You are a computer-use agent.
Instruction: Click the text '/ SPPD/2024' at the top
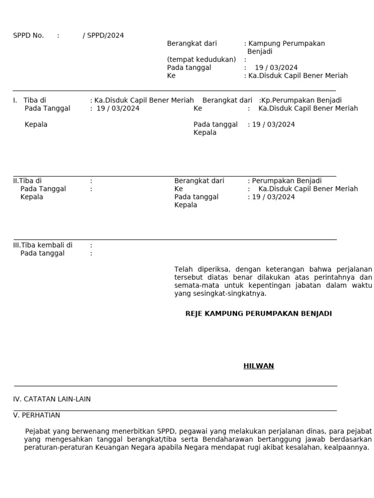point(103,36)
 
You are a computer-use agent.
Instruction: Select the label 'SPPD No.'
point(28,36)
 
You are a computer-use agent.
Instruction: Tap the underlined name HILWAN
point(259,366)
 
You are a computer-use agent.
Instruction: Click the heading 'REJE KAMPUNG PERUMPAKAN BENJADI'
point(259,314)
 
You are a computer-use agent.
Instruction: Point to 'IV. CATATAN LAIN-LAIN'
point(52,399)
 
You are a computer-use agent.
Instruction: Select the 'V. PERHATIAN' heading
point(37,415)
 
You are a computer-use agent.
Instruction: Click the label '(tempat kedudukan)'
point(201,60)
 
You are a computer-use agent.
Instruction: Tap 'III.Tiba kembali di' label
point(43,245)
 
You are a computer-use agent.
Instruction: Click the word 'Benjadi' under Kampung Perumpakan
point(260,52)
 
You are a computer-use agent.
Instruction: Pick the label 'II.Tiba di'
point(27,181)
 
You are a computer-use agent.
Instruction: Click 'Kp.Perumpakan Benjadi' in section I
point(301,101)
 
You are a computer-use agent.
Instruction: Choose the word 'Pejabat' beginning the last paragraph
point(37,431)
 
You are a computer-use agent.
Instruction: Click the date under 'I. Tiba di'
point(118,108)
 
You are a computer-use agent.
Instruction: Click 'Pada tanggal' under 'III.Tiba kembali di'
point(42,253)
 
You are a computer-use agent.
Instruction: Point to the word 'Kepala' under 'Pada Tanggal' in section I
point(36,124)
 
